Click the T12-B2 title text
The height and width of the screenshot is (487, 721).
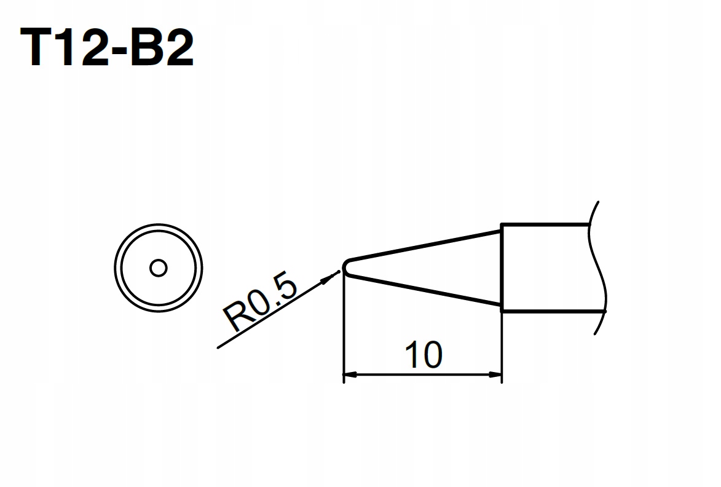107,49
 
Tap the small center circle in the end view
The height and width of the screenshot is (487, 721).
159,268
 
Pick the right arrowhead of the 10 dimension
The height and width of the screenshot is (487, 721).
496,374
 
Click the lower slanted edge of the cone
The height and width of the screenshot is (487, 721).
424,290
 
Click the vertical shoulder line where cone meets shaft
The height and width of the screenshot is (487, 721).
502,267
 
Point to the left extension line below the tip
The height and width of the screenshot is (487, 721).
343,332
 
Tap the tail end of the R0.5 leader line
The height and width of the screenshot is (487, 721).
219,348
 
